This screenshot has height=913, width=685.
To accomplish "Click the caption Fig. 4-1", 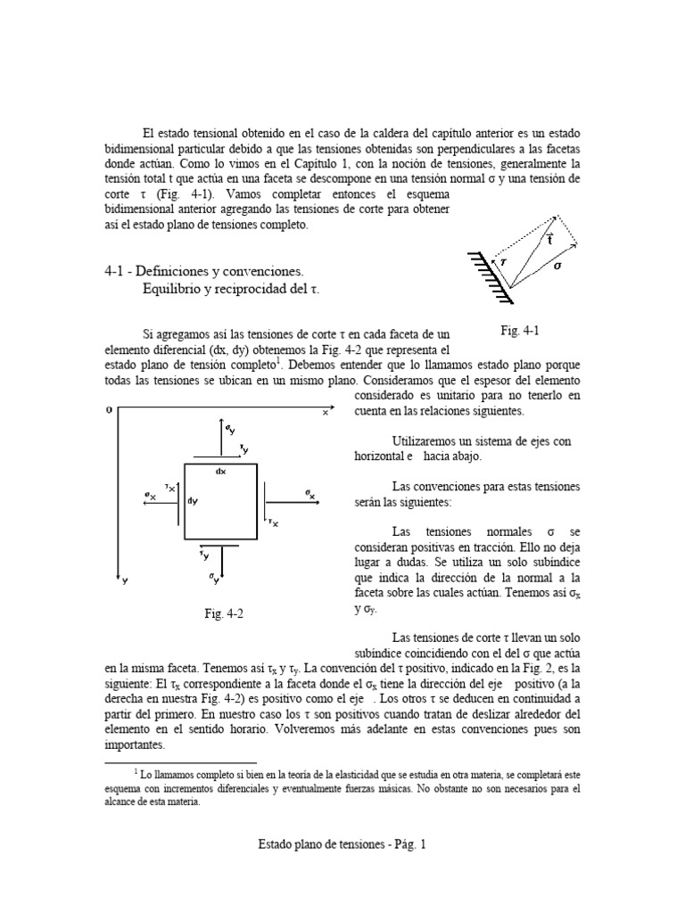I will [x=520, y=331].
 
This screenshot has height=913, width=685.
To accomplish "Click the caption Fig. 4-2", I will [x=224, y=614].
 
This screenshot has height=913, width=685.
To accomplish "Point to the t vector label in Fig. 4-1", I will [x=550, y=239].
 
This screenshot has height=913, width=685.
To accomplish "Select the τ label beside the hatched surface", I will [x=502, y=262].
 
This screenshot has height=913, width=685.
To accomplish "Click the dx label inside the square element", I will [x=220, y=471].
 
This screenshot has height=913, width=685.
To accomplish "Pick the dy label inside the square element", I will [x=193, y=500].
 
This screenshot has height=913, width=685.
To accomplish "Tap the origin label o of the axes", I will [x=109, y=409].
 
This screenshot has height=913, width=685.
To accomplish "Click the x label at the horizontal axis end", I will [x=325, y=413].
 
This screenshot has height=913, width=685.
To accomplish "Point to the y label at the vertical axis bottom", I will [x=125, y=580].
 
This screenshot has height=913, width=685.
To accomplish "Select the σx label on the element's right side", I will [x=309, y=494].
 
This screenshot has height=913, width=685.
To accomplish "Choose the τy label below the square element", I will [x=205, y=556].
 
